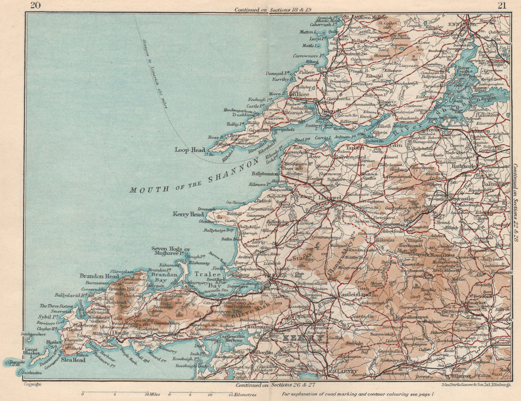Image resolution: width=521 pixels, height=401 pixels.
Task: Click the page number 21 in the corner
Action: (x=502, y=6)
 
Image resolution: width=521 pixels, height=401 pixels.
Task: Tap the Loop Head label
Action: (x=190, y=150)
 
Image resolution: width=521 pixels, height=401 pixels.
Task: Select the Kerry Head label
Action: (x=189, y=214)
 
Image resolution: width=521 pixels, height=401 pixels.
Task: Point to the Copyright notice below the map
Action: (x=32, y=384)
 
